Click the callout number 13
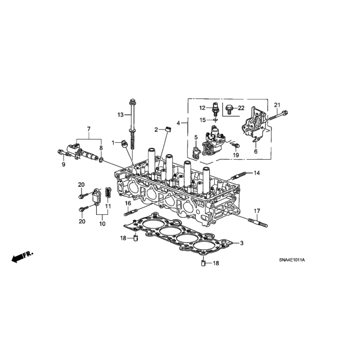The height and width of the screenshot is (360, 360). (x=120, y=115)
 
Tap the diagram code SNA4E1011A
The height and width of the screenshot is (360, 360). (x=292, y=260)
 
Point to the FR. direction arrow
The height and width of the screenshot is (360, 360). (x=22, y=256)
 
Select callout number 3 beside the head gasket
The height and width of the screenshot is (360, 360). (x=241, y=243)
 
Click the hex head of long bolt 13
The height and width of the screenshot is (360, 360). (x=132, y=101)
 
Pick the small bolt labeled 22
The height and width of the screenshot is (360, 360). (x=228, y=109)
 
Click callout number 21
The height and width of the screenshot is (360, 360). (x=277, y=105)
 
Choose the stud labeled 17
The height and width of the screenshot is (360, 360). (x=258, y=223)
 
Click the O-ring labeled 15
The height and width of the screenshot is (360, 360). (x=215, y=120)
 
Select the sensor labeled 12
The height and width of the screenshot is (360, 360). (x=215, y=106)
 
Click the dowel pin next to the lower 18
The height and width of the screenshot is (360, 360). (x=203, y=263)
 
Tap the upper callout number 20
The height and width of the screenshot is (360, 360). (x=81, y=184)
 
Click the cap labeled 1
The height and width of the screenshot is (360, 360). (x=124, y=144)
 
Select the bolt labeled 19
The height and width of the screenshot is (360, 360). (x=236, y=145)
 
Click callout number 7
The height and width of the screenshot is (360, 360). (x=89, y=129)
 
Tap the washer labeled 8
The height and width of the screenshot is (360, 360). (x=101, y=159)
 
